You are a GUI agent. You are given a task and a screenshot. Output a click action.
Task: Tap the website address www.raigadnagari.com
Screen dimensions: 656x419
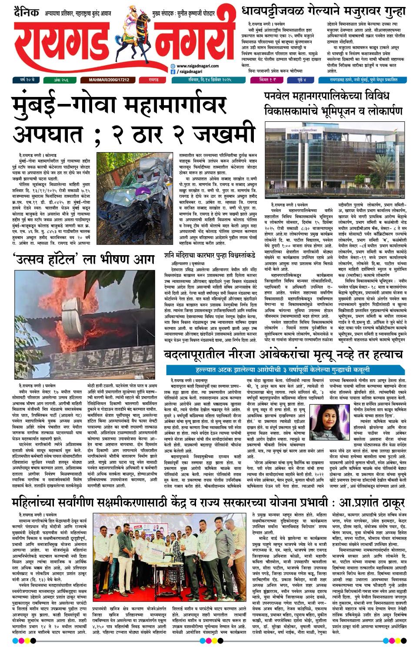click(198, 66)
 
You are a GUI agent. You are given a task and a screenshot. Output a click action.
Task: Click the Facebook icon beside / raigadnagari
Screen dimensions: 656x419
click(173, 72)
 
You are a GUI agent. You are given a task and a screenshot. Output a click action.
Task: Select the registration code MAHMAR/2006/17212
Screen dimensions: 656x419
click(109, 80)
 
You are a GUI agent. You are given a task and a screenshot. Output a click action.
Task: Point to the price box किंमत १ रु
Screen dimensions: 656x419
click(267, 80)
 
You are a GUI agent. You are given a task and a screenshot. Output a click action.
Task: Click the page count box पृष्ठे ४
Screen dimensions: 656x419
click(302, 80)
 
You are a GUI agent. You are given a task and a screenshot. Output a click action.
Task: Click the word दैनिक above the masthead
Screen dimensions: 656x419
click(26, 12)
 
